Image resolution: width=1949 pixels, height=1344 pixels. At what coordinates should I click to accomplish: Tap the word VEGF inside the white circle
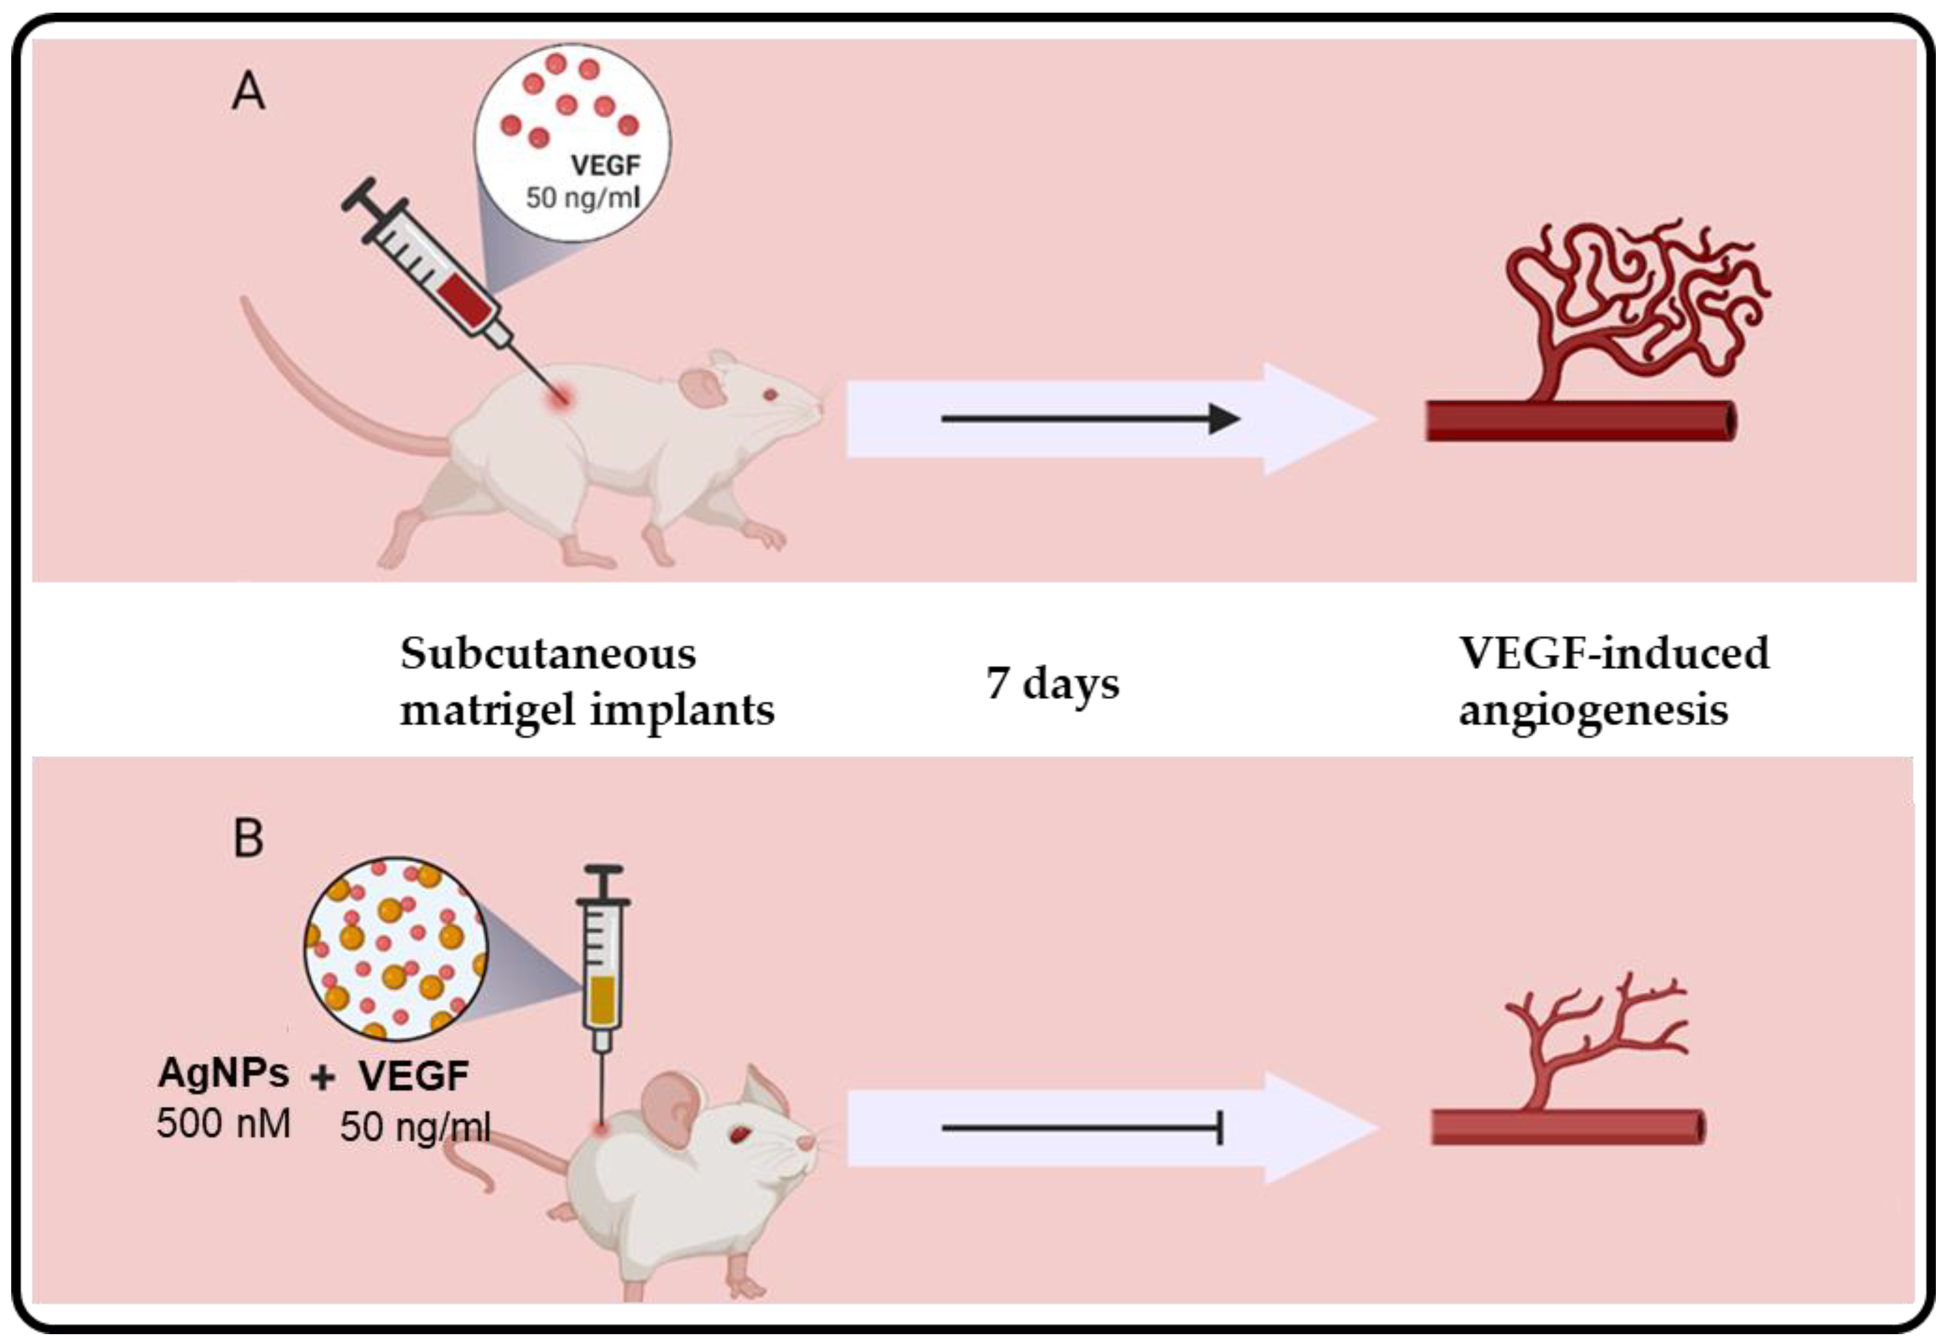(x=605, y=165)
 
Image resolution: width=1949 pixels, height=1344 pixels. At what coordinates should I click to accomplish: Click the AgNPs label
(x=224, y=1073)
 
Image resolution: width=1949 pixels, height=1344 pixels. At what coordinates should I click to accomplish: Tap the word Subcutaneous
(x=548, y=653)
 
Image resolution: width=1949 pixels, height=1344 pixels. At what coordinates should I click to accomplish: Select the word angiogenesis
(x=1593, y=709)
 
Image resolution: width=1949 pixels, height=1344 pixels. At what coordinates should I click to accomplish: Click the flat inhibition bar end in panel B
(x=1220, y=1128)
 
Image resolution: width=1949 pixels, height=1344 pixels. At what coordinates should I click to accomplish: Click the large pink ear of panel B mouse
(x=670, y=1108)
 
